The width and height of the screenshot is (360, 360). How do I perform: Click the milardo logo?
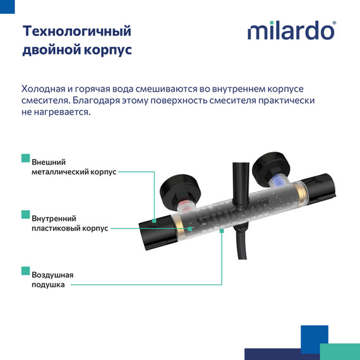click(291, 31)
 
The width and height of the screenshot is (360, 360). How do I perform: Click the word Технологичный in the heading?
click(76, 31)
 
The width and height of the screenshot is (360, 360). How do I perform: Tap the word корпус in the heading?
click(108, 50)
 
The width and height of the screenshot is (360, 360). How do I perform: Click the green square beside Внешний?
click(25, 157)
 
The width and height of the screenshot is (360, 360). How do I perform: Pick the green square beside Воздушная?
click(25, 270)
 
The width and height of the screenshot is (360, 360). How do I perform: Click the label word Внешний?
click(49, 162)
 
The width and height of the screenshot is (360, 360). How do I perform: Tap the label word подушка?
click(48, 285)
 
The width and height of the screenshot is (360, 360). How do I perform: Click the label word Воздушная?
click(52, 275)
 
